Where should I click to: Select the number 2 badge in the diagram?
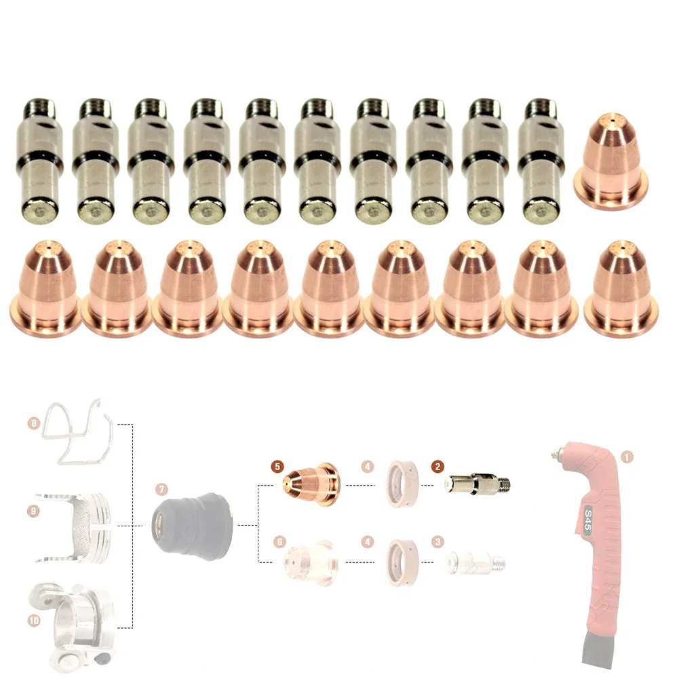[x=438, y=467]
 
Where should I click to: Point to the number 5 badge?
[x=276, y=467]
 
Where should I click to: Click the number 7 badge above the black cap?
[x=159, y=489]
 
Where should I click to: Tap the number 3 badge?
[x=438, y=541]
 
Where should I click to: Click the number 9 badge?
[x=35, y=510]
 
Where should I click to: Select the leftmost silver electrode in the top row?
[x=39, y=161]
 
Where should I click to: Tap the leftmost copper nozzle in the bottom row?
[x=45, y=289]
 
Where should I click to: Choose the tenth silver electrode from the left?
[x=539, y=161]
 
